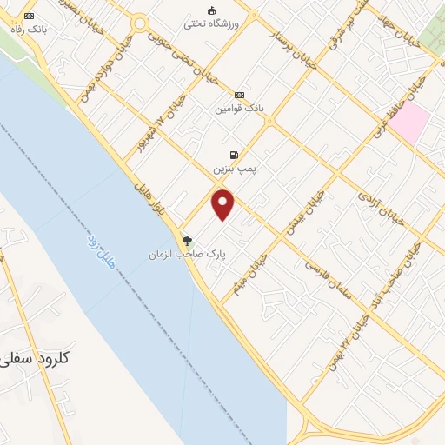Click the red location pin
click(x=223, y=204)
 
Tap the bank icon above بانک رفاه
click(x=31, y=17)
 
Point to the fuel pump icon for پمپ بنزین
click(x=234, y=155)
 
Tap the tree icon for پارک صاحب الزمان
click(x=187, y=241)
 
